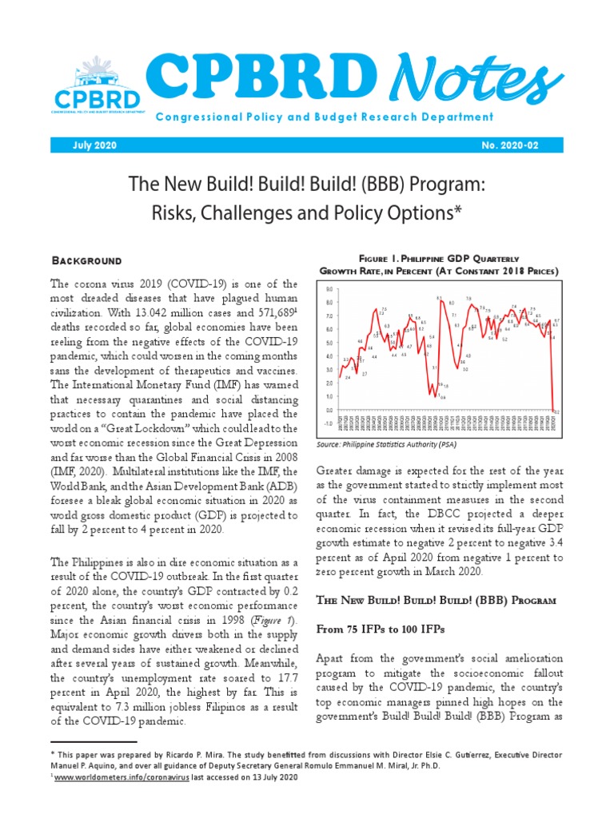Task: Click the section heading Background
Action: [x=86, y=260]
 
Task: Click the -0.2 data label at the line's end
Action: [x=556, y=412]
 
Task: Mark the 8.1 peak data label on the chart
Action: [x=440, y=298]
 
